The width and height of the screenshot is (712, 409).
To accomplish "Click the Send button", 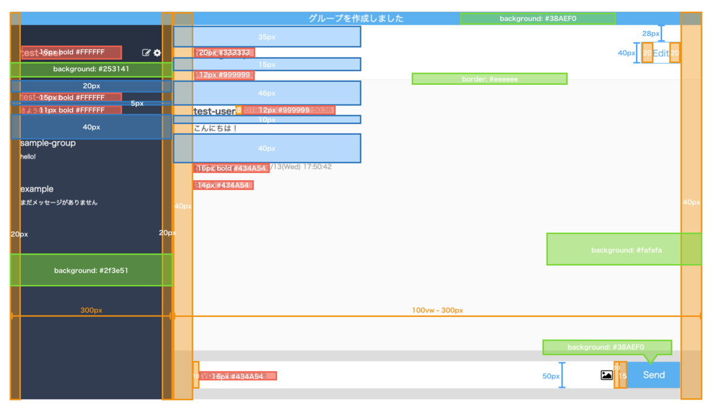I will coord(653,375).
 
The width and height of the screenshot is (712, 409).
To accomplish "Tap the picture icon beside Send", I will coord(606,375).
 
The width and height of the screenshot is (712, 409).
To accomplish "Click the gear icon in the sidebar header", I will coord(157,53).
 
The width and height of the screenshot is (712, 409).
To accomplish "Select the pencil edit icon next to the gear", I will coord(146,53).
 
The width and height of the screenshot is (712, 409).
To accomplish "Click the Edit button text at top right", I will coord(661,53).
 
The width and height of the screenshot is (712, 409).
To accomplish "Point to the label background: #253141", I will coord(91,69).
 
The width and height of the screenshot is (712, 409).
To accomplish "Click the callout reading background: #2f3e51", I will coord(91,271).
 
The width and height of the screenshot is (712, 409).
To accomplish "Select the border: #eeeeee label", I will coord(490,79).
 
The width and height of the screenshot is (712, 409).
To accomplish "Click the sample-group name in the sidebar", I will coord(48,144).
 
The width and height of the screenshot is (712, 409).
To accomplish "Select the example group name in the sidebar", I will coord(37,189).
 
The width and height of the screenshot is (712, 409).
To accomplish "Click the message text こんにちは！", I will coord(215,128).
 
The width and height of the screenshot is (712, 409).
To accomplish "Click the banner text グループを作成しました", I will coord(355,18).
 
